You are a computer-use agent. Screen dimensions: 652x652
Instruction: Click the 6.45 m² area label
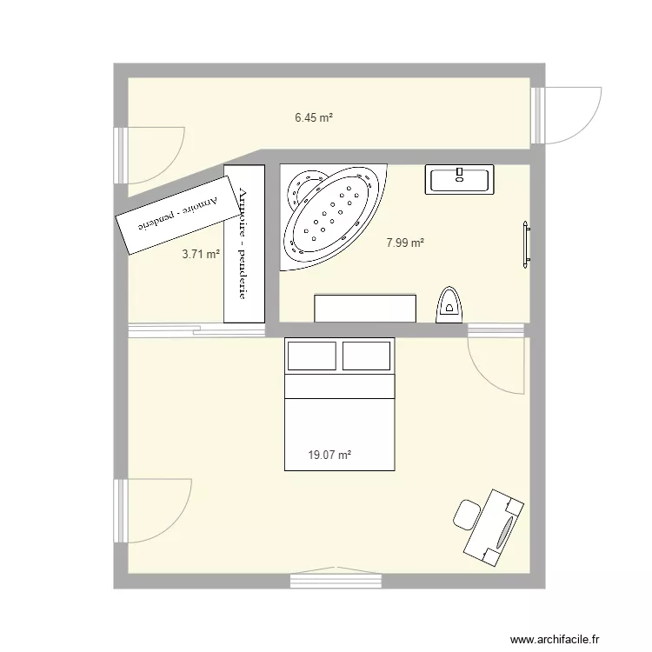pos(314,117)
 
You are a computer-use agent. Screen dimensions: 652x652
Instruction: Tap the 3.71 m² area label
pos(200,255)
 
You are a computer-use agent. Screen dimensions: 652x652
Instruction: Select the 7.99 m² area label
pos(405,243)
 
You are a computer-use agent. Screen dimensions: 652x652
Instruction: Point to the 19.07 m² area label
pos(329,455)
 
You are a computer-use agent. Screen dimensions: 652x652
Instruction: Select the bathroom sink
pos(460,179)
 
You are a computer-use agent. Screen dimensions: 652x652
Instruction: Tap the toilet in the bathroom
pos(449,304)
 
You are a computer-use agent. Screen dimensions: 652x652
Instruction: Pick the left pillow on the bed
pos(311,356)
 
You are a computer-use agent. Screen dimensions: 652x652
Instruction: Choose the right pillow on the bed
pos(366,356)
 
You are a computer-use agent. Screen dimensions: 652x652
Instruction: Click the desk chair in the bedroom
pos(468,514)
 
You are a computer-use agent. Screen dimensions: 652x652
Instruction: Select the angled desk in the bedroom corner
pos(496,524)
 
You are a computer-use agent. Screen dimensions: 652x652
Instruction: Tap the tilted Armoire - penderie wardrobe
pos(176,215)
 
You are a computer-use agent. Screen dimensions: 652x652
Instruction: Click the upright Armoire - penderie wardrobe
pos(243,244)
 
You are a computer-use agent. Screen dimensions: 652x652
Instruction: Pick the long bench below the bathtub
pos(365,308)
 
